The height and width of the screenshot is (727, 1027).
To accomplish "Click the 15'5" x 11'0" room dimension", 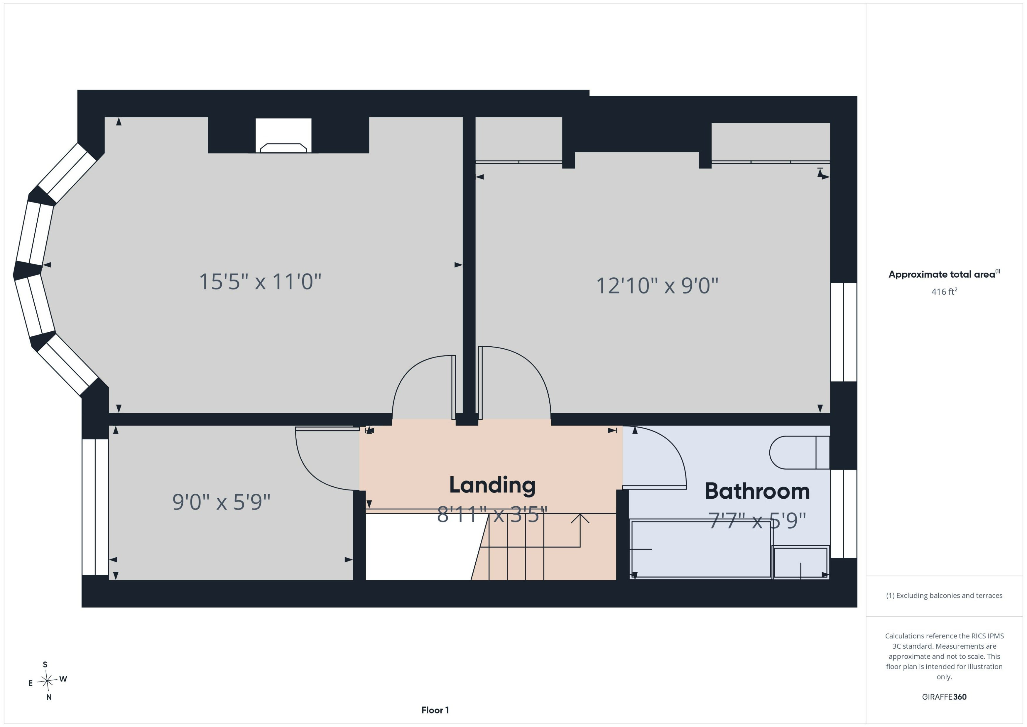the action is click(x=260, y=281).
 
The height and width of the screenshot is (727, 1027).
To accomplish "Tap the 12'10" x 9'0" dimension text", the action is click(x=657, y=286).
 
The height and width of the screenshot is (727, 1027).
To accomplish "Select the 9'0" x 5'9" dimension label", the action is click(x=222, y=502).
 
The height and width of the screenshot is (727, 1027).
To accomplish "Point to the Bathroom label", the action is click(x=757, y=491).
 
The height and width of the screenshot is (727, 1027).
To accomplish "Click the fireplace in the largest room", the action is click(x=283, y=136).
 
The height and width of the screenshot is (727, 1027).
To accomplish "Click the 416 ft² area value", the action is click(x=944, y=291).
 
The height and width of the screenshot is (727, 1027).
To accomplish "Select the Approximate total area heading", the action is click(x=944, y=274).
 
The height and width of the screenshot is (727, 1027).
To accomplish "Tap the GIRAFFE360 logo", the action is click(x=944, y=696).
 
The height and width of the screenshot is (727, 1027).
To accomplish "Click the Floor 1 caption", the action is click(x=435, y=710).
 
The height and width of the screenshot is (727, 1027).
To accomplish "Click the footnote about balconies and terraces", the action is click(x=944, y=596).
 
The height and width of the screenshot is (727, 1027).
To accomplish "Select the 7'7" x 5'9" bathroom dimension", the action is click(x=757, y=521).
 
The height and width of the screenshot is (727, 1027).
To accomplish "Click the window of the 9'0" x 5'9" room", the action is click(x=95, y=507).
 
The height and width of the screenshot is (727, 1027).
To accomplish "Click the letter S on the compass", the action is click(x=45, y=664).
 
